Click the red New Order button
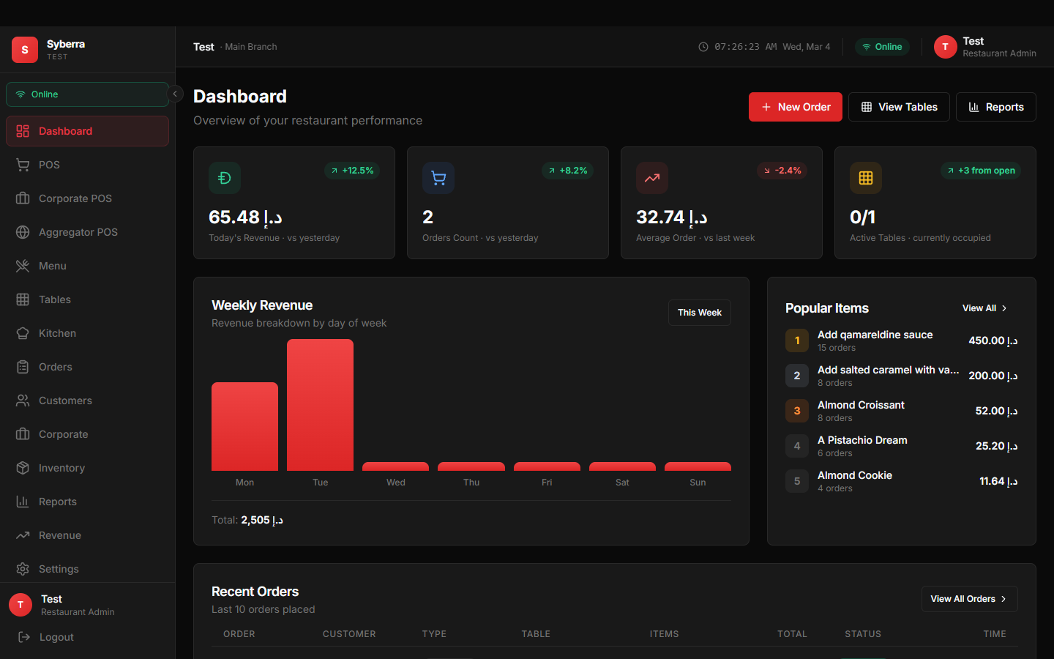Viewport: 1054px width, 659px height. tap(795, 107)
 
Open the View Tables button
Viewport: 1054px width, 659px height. tap(899, 107)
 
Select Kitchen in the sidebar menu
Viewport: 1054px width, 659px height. tap(57, 333)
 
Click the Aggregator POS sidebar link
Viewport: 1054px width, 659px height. tap(78, 232)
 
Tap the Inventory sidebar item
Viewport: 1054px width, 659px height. tap(61, 468)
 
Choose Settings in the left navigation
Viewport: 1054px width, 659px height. tap(59, 569)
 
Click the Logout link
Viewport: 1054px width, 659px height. tap(56, 637)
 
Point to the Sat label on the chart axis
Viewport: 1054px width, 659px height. tap(622, 483)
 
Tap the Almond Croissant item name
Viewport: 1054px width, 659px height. tap(861, 405)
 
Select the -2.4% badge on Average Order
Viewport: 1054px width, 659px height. tap(782, 171)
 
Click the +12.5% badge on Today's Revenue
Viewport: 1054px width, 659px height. tap(351, 171)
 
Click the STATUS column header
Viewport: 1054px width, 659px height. tap(863, 634)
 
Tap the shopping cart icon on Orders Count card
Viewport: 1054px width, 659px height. tap(438, 178)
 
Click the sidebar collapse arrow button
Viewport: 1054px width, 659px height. tap(175, 94)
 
